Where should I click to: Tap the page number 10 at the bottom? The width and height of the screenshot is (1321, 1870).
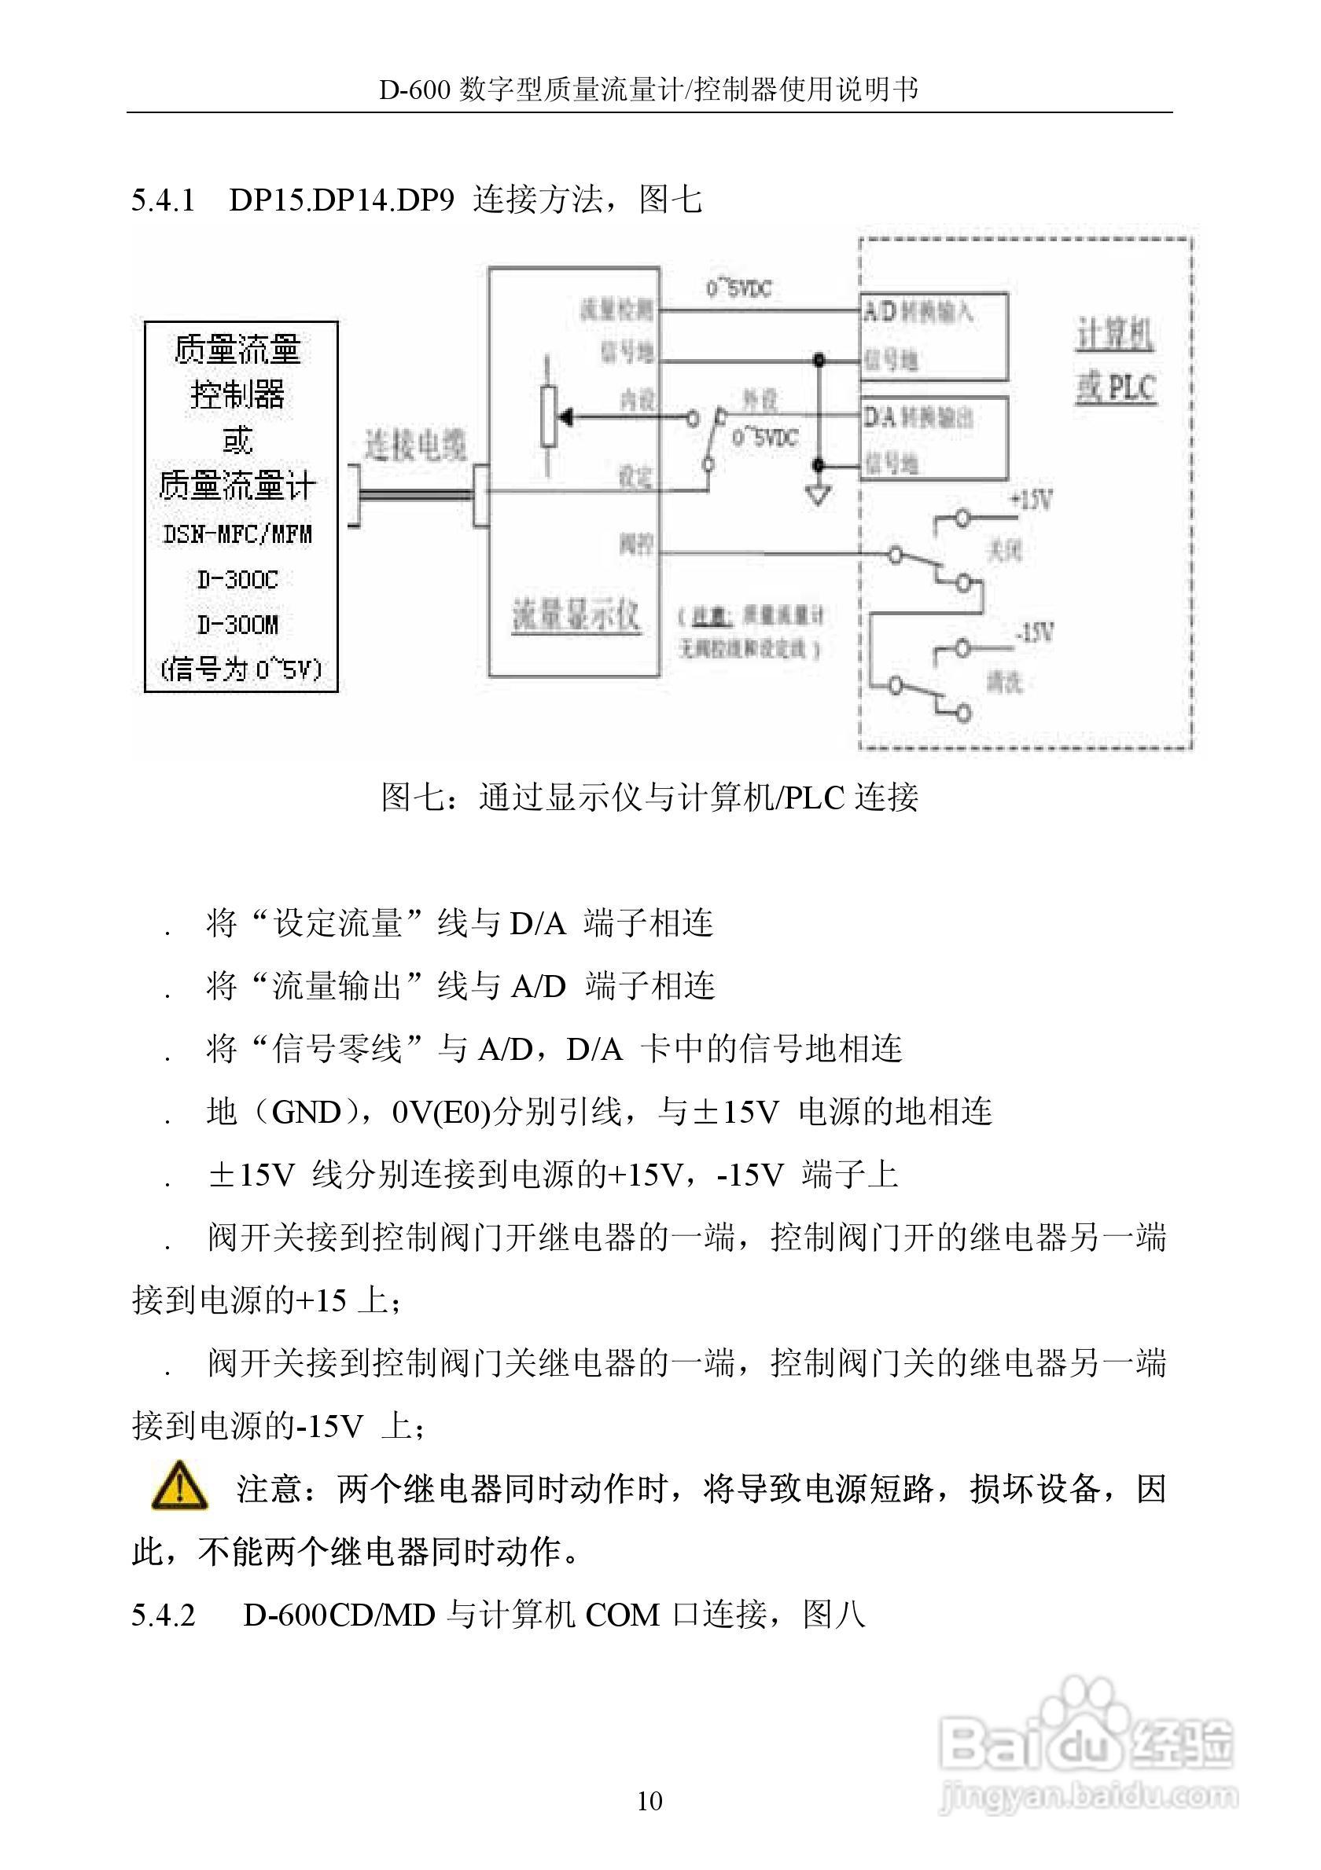tap(649, 1801)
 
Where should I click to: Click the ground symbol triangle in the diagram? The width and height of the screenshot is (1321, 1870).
tap(819, 494)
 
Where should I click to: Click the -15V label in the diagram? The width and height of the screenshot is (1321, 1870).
tap(1034, 631)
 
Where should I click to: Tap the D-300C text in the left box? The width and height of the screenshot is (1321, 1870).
tap(237, 579)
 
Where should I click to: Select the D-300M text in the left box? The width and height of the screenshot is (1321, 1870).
tap(237, 625)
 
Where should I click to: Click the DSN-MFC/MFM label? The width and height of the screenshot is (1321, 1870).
tap(237, 534)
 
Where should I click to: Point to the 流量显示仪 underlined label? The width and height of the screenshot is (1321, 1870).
tap(576, 616)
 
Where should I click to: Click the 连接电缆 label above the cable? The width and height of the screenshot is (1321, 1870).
tap(415, 445)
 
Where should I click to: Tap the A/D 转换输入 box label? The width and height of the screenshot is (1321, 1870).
tap(918, 312)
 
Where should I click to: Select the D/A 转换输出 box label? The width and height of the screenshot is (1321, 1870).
tap(918, 418)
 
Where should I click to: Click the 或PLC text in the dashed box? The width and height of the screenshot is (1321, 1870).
tap(1116, 387)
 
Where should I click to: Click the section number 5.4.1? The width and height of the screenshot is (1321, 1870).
tap(163, 200)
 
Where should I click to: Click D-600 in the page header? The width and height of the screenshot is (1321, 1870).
tap(414, 90)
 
